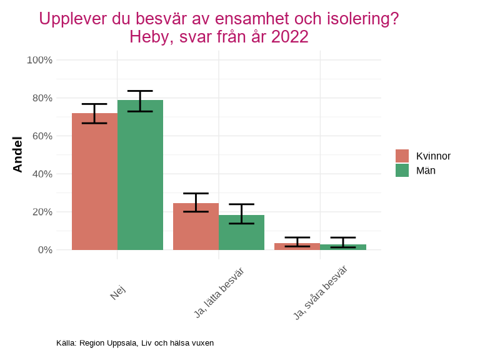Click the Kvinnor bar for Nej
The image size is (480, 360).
coord(94,181)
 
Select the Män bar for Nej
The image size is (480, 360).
coord(140,175)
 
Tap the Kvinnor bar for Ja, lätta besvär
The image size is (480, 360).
coord(196,226)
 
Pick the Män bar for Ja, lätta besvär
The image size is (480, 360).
coord(241,232)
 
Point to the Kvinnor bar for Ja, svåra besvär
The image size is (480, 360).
coord(297,247)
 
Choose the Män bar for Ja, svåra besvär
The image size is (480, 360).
coord(342,247)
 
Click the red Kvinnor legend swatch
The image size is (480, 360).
coord(402,156)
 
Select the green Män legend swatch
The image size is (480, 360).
coord(402,170)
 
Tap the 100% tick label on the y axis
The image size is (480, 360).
coord(39,60)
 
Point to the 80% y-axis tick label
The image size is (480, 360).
coord(42,98)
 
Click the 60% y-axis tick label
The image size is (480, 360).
coord(42,136)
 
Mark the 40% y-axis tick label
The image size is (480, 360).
coord(42,174)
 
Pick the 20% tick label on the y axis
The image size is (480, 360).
coord(42,212)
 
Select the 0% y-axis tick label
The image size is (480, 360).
coord(44,250)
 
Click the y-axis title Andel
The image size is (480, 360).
coord(17,154)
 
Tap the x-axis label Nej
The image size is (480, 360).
coord(117,292)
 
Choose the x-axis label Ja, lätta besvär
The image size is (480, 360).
coord(218,293)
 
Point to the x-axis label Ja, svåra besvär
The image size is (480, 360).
coord(320,293)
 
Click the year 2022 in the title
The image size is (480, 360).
coord(289,37)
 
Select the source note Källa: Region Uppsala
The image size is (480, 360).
coord(135,343)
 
